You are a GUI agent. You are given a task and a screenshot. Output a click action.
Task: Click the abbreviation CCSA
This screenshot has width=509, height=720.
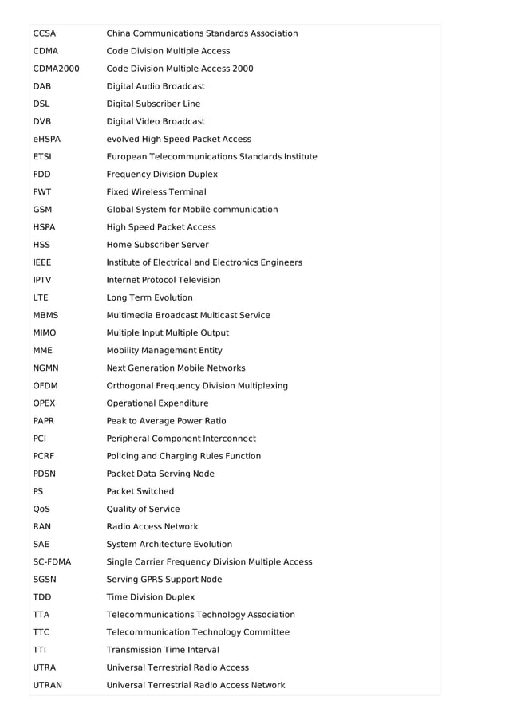point(45,33)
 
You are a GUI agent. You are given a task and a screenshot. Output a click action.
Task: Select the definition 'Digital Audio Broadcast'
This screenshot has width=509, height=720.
point(156,86)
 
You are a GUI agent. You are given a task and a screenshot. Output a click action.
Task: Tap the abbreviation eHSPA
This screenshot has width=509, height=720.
point(47,139)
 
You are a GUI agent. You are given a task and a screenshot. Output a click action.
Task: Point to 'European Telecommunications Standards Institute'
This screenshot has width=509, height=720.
point(211,156)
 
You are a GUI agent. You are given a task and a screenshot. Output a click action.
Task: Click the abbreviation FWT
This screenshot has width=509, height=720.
point(41,192)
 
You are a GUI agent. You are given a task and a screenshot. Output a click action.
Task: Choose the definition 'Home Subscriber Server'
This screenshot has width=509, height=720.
point(158,245)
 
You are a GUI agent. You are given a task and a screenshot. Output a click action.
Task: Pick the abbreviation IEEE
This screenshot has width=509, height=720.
point(42,262)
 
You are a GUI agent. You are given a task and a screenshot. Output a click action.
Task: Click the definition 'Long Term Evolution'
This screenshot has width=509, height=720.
point(150,297)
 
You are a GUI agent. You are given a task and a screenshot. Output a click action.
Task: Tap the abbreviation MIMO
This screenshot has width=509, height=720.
point(45,332)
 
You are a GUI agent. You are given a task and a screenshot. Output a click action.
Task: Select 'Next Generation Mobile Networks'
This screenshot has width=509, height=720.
point(176,368)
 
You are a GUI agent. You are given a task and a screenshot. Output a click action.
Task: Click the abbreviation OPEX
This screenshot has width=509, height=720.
point(44,403)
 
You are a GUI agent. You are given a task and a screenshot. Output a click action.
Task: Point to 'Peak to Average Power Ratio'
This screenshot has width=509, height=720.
point(166,421)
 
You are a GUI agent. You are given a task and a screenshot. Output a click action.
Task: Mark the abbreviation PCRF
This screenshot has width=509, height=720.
point(44,456)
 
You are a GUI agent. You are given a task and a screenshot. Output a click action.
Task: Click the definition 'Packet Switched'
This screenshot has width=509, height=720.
point(140,491)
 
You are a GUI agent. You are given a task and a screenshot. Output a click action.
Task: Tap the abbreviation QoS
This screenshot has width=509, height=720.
point(42,509)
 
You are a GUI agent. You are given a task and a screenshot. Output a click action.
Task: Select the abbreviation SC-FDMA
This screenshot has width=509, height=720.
point(52,562)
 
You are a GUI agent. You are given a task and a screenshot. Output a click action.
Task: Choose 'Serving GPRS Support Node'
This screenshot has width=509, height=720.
point(164,580)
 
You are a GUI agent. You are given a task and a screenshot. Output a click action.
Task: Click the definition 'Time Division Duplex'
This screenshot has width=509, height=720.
point(150,597)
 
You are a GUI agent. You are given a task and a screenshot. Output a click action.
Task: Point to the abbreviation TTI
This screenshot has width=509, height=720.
point(40,650)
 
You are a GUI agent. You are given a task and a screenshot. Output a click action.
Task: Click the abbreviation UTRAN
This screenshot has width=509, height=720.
point(47,685)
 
